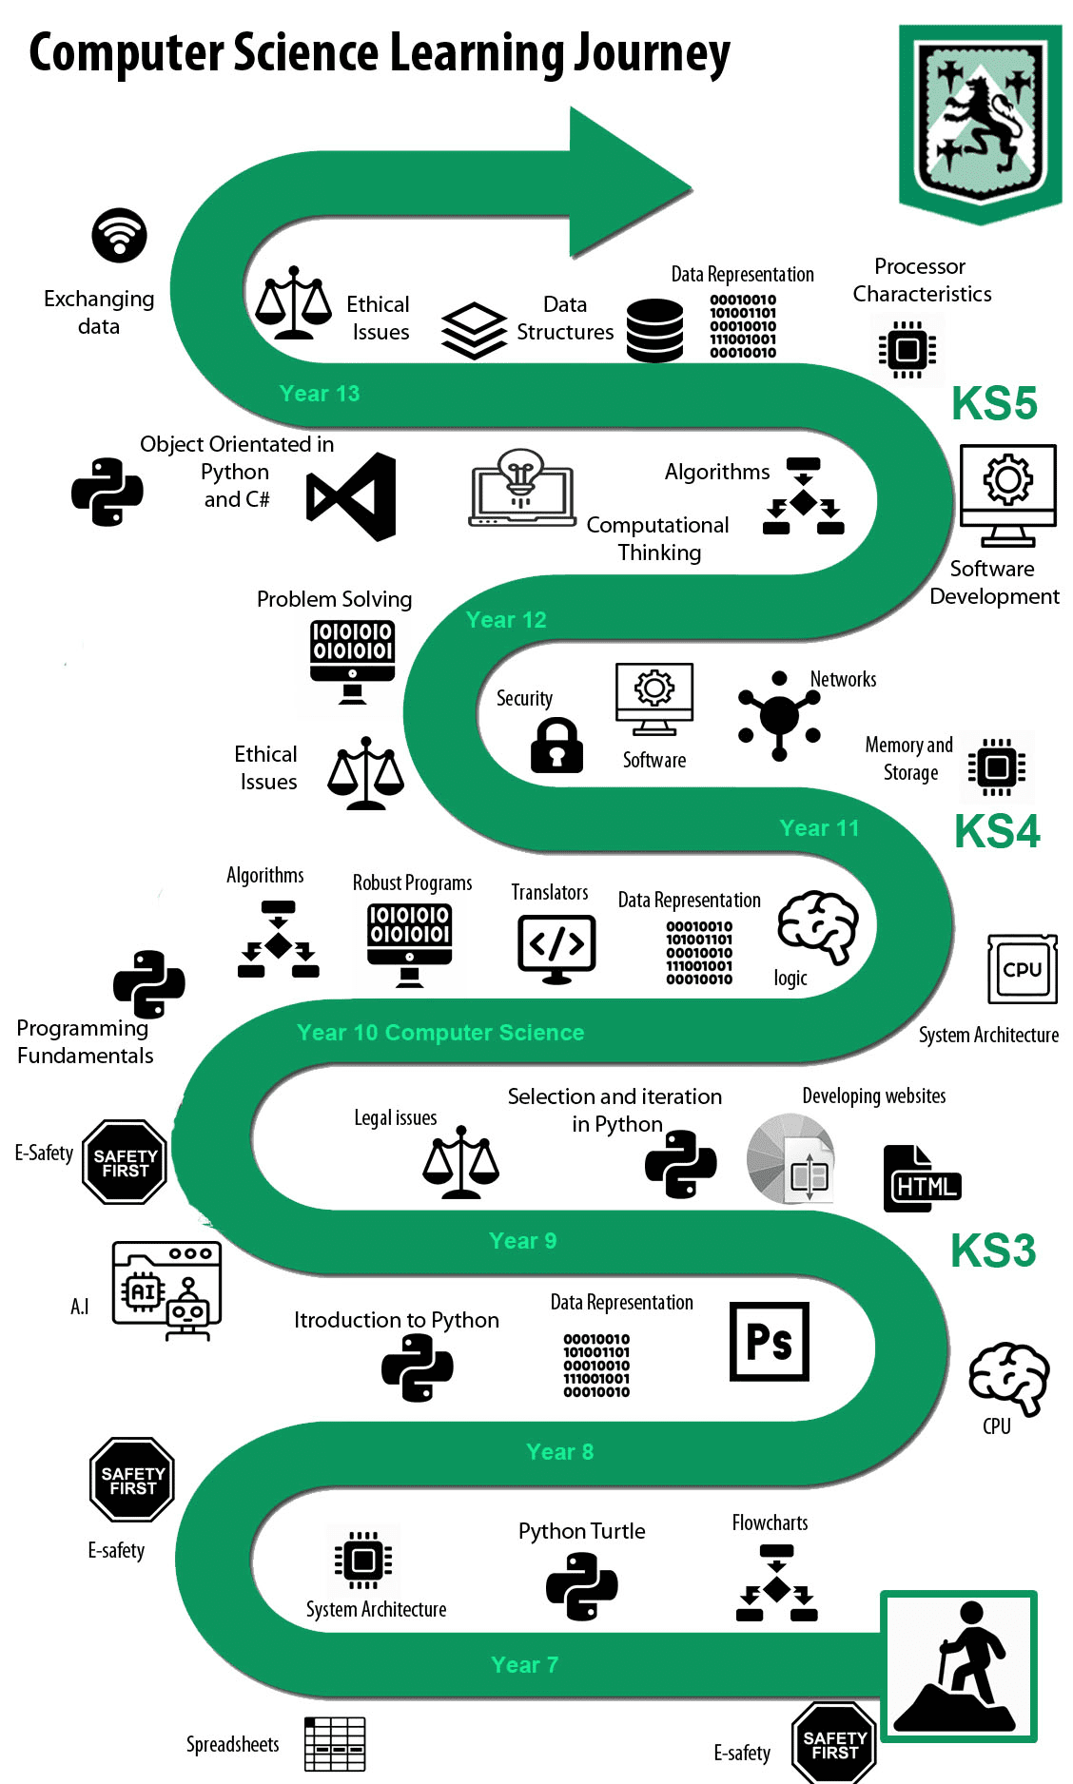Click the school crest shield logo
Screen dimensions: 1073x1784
[x=980, y=124]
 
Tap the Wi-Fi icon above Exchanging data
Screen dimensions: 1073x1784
[x=119, y=235]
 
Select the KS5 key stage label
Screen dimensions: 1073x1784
[x=994, y=403]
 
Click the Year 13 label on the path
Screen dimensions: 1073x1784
[x=320, y=394]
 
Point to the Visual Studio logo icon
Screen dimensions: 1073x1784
[x=351, y=496]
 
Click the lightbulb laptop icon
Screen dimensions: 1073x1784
[x=522, y=488]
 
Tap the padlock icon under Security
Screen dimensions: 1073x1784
[x=556, y=745]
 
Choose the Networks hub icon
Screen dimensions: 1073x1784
[x=780, y=715]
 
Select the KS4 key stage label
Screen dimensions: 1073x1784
[x=997, y=831]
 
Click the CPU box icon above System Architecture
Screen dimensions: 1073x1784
[x=1023, y=969]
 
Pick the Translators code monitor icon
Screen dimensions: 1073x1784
[x=556, y=949]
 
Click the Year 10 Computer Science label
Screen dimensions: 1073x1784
[x=440, y=1033]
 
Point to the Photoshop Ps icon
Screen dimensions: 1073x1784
[x=770, y=1342]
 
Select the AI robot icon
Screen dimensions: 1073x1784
[x=166, y=1290]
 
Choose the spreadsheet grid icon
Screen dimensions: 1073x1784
[x=335, y=1744]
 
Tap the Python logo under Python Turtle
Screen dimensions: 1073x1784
[x=582, y=1586]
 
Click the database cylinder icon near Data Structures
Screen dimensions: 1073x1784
[x=654, y=330]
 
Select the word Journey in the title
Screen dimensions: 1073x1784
[x=651, y=54]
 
